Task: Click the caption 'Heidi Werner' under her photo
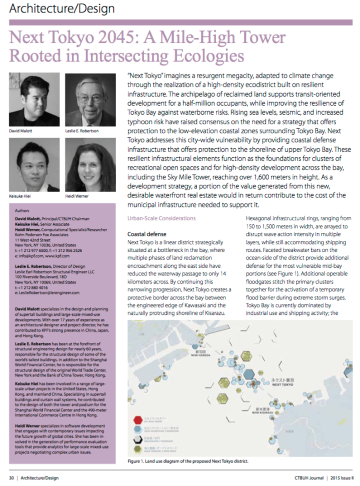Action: click(76, 196)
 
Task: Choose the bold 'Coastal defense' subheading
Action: click(147, 234)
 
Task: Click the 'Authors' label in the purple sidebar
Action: click(22, 211)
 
